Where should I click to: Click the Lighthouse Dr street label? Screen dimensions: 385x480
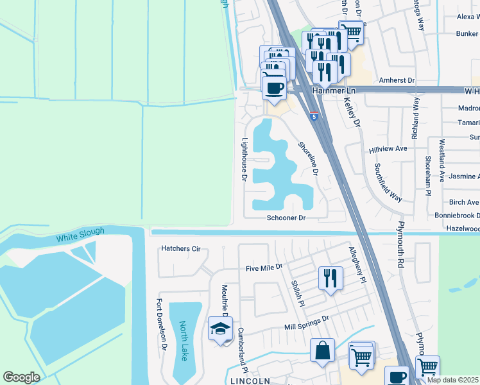point(244,158)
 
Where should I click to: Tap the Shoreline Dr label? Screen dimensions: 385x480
point(308,158)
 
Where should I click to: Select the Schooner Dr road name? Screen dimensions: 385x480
point(286,218)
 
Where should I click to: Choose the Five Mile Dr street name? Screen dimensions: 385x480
point(264,266)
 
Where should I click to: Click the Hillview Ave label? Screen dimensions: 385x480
point(388,149)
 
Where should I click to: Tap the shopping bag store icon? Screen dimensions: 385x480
point(322,351)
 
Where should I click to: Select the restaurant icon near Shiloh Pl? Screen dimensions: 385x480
point(330,278)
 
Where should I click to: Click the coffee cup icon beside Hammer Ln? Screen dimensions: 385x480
point(274,88)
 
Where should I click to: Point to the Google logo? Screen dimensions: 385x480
point(21,377)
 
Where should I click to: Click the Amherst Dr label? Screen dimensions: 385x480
point(397,80)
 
